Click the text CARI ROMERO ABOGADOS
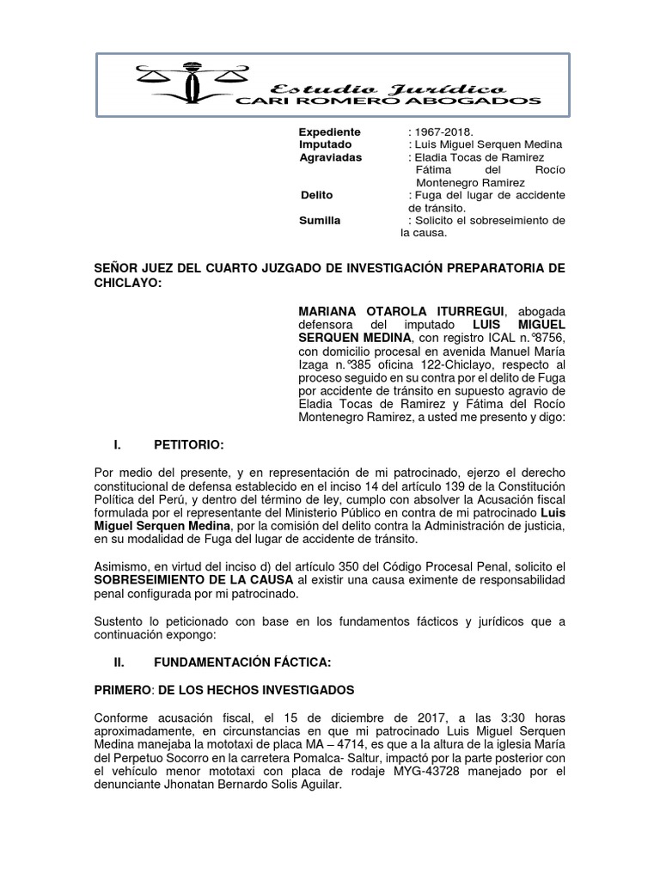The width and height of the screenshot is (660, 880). [x=388, y=101]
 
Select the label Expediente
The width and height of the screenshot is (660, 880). [x=329, y=131]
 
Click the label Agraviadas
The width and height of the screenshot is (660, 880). [x=330, y=157]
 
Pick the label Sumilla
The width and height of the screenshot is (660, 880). [x=320, y=220]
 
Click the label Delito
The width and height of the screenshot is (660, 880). [x=316, y=195]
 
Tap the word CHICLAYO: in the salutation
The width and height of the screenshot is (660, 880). [x=126, y=283]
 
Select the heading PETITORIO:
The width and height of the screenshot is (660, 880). [x=188, y=444]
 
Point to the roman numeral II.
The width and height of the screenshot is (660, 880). [x=120, y=664]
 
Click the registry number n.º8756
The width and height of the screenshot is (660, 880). [x=543, y=338]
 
